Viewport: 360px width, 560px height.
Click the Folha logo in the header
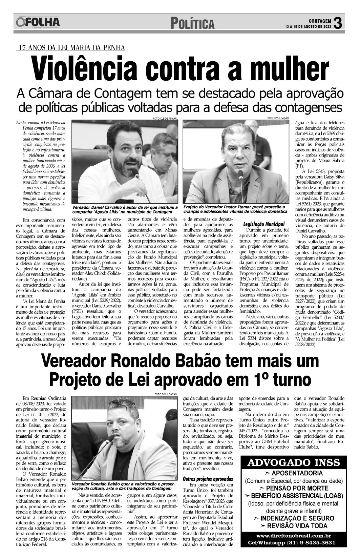[37, 23]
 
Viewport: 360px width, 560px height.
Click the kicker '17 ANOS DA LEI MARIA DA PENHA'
[71, 48]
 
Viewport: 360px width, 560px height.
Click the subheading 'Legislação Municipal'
[264, 224]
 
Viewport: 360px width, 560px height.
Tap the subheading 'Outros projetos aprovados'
[208, 479]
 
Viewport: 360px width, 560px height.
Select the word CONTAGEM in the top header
[319, 21]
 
